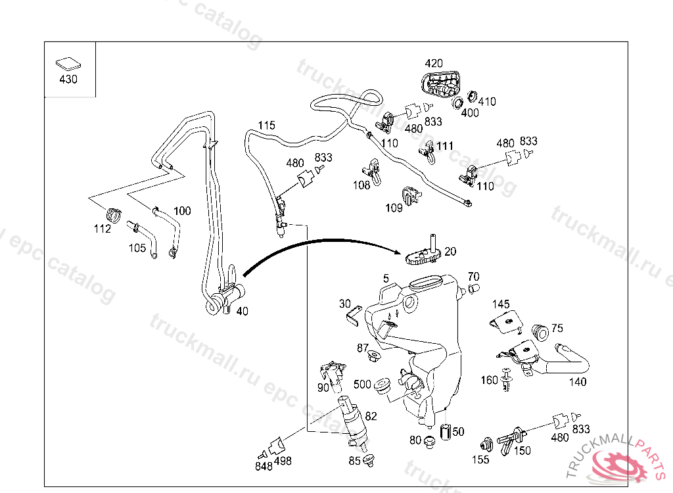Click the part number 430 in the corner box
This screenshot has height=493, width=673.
point(68,80)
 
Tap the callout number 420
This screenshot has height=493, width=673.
point(434,64)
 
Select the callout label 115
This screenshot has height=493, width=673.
point(266,125)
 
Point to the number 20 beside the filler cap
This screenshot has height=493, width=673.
point(450,251)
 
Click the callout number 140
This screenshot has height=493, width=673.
point(578,382)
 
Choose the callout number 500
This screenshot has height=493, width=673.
point(362,384)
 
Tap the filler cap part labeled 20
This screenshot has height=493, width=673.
point(421,254)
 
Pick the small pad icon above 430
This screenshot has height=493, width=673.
point(68,64)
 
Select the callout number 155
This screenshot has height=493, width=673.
point(480,460)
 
